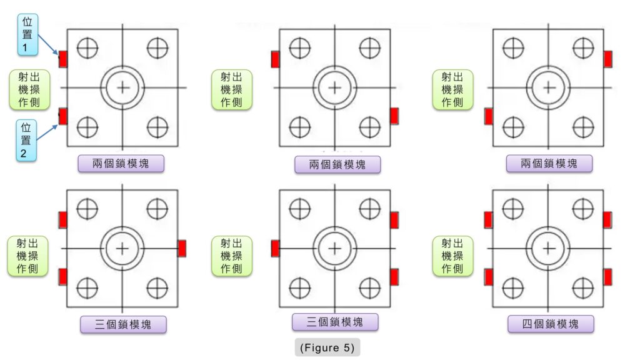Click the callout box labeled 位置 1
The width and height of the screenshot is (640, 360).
27,33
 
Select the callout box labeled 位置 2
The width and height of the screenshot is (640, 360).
27,141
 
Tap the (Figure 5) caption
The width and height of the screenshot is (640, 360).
327,346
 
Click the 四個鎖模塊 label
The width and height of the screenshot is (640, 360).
550,324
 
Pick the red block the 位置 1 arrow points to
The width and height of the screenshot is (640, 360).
62,59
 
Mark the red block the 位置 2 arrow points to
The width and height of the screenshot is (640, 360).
62,116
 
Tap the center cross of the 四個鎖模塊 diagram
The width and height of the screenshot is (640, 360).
549,248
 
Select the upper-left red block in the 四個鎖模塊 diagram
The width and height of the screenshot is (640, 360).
488,220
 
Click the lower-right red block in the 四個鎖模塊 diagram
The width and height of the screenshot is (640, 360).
607,276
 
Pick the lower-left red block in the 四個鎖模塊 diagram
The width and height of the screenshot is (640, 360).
488,277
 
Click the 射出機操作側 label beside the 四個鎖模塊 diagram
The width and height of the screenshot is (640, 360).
452,256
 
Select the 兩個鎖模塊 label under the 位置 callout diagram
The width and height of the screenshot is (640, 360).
121,164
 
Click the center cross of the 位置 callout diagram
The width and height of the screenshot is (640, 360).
122,87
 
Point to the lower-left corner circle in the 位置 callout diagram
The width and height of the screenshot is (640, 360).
87,127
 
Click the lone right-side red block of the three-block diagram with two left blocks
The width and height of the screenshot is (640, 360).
182,248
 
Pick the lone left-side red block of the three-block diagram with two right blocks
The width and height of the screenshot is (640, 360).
275,248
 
